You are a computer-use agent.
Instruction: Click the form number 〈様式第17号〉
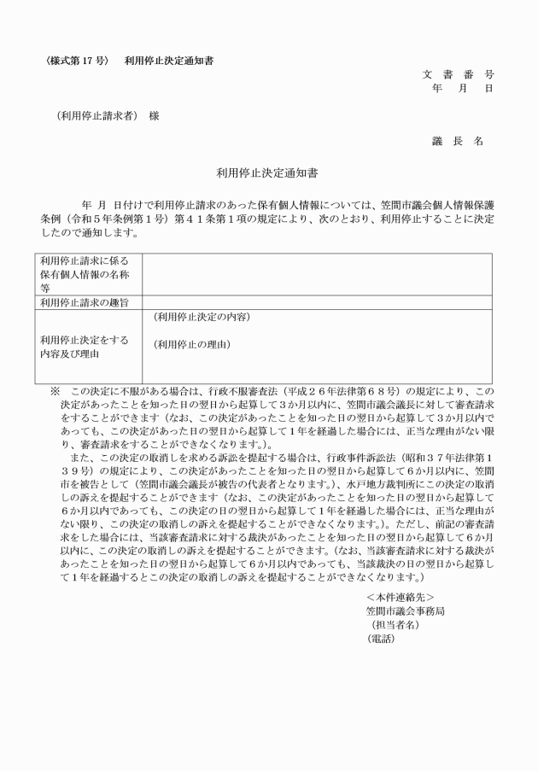pyautogui.click(x=77, y=61)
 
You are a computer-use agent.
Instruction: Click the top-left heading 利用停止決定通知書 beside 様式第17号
pyautogui.click(x=168, y=61)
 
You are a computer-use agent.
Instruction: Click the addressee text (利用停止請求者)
pyautogui.click(x=95, y=116)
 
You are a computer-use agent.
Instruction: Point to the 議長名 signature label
pyautogui.click(x=458, y=141)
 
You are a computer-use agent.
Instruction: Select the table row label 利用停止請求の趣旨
pyautogui.click(x=82, y=301)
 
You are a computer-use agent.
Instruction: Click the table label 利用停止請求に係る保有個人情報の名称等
pyautogui.click(x=84, y=274)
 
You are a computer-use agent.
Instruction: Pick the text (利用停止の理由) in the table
pyautogui.click(x=191, y=345)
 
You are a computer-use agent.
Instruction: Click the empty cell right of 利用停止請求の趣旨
pyautogui.click(x=316, y=301)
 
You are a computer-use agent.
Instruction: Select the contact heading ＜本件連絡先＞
pyautogui.click(x=400, y=596)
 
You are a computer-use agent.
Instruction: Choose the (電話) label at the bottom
pyautogui.click(x=382, y=638)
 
